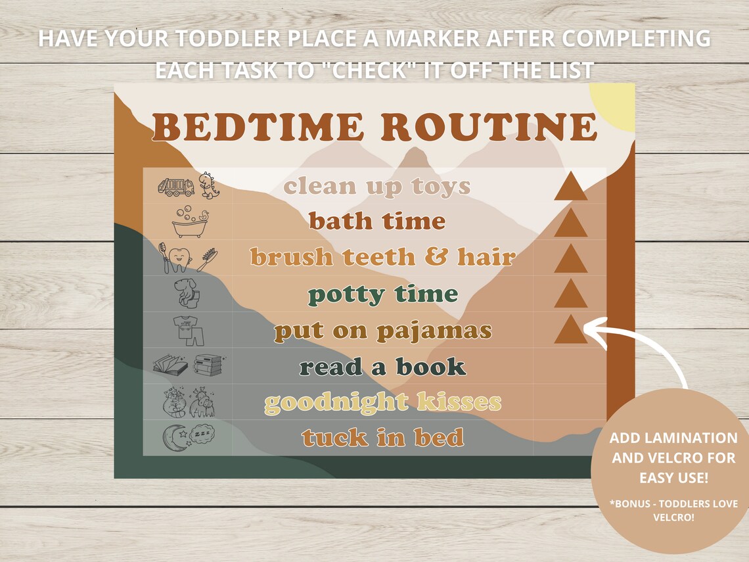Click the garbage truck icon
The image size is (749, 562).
click(x=175, y=187)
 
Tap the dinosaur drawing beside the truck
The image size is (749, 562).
click(x=210, y=185)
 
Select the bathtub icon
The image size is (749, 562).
click(x=190, y=223)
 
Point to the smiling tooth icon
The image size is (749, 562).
click(x=177, y=258)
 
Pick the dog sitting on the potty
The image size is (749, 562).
click(x=187, y=294)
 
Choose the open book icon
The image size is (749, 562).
click(x=170, y=365)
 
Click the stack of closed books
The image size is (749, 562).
click(x=208, y=365)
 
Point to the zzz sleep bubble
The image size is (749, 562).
click(x=202, y=434)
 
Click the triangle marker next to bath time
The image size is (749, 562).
click(x=570, y=223)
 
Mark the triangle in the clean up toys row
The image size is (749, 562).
click(x=570, y=187)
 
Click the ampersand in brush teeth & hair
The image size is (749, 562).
click(x=436, y=257)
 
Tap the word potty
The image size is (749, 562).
click(x=347, y=294)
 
